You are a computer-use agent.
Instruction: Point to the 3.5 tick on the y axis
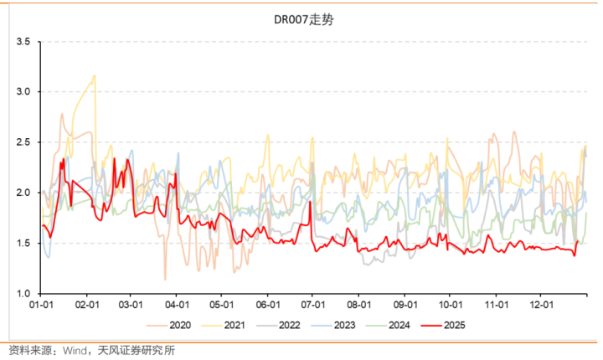point(23,41)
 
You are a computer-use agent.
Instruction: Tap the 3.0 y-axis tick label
point(23,91)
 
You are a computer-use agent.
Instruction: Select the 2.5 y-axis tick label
point(23,142)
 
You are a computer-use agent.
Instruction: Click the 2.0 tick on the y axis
point(23,193)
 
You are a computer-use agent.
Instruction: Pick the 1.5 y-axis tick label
point(23,243)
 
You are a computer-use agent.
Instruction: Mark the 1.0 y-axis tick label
point(23,293)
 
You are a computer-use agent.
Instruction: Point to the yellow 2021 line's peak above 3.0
point(95,75)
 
